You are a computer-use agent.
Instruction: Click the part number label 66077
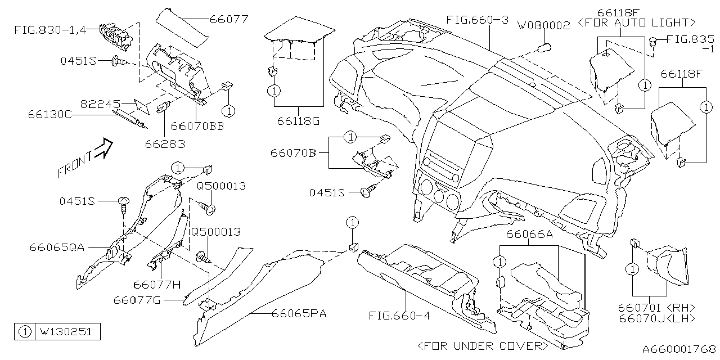tap(229, 20)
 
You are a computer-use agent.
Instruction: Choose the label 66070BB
tap(197, 127)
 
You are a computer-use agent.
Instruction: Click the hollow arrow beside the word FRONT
tap(103, 150)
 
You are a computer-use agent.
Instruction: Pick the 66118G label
tap(298, 121)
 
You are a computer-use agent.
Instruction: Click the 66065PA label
tap(299, 313)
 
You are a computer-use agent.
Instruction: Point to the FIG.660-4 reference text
tap(399, 316)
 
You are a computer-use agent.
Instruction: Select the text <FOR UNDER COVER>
tap(483, 345)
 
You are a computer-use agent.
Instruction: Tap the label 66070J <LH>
tap(656, 318)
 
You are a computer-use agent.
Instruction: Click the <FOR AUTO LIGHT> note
tap(643, 22)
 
